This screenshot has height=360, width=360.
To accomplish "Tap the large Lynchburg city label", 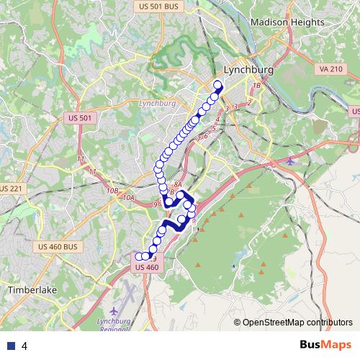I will coord(249,71).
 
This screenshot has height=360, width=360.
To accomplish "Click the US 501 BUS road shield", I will coord(158,6).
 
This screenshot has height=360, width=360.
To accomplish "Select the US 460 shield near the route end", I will coord(146,267).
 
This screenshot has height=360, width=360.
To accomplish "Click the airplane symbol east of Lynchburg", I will coord(289,160).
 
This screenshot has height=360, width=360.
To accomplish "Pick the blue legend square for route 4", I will coord(10,346).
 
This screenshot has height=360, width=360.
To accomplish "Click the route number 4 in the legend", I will coord(24,346).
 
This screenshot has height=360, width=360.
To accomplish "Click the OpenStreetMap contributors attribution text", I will coord(297,322).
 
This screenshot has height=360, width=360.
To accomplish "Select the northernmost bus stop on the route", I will coord(218,85).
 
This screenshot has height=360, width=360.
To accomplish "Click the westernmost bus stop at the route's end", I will coord(138,256).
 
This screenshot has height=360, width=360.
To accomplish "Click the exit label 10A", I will coord(129,197).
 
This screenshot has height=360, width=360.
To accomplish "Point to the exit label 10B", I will coord(112,190).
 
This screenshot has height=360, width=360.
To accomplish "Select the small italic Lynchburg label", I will coord(156,103).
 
